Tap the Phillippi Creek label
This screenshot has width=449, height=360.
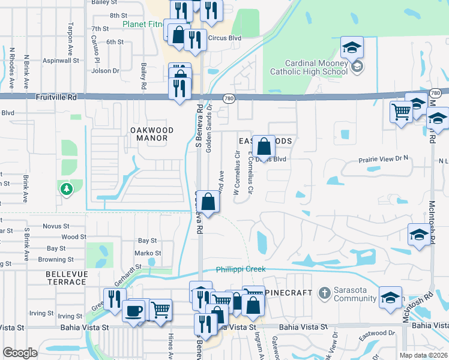point(241,269)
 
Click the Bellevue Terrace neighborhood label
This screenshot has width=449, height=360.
point(66,278)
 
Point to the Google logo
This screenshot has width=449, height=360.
point(20,353)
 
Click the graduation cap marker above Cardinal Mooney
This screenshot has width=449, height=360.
point(352,47)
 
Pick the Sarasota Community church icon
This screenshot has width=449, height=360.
point(324,293)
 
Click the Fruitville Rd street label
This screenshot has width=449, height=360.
point(56,96)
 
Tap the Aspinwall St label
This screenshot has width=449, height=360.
point(60,61)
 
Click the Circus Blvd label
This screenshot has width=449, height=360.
point(224,38)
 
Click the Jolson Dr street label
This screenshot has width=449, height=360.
point(105,71)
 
